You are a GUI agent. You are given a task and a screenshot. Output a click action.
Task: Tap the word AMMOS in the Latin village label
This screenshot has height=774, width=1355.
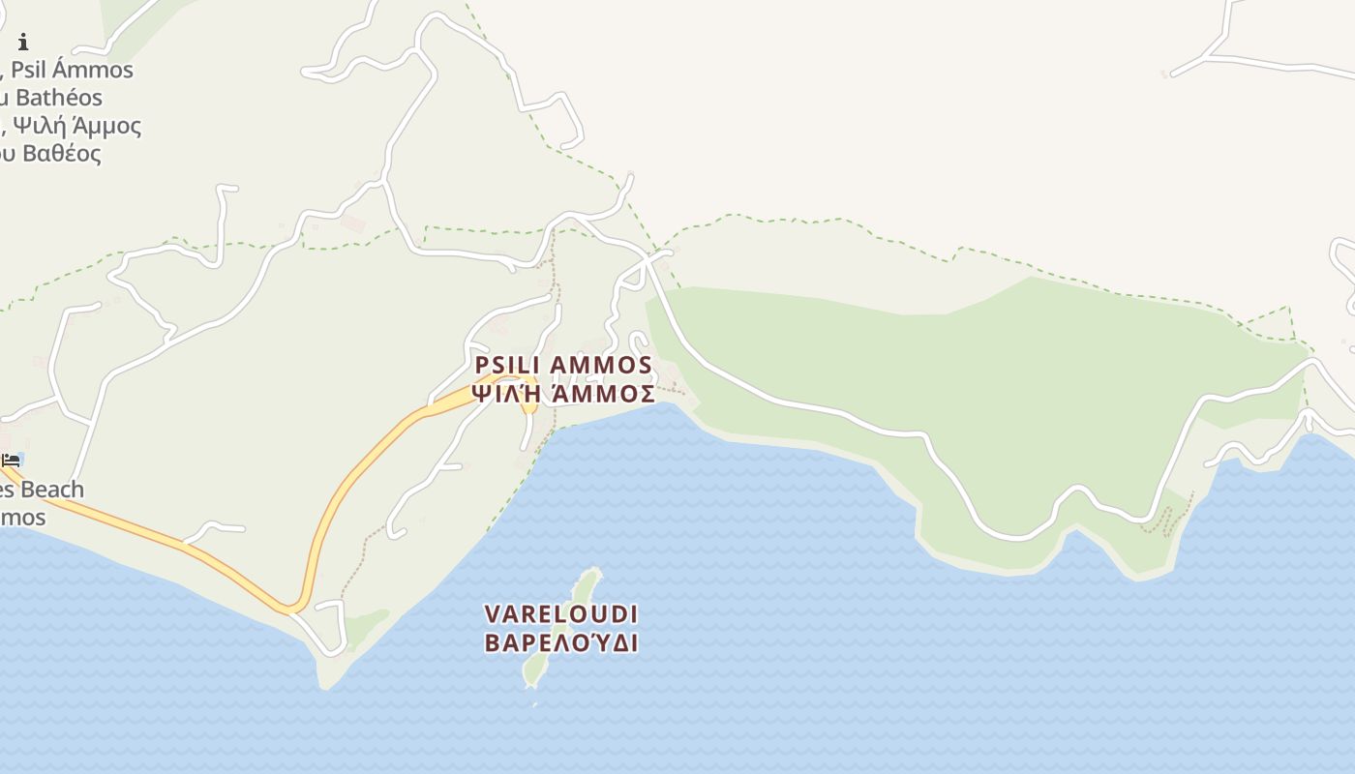click(x=601, y=365)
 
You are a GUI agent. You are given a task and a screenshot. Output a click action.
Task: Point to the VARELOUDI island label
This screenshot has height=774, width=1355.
click(x=561, y=614)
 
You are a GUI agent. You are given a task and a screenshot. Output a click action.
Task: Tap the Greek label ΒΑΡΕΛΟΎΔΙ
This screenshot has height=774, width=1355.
click(x=561, y=643)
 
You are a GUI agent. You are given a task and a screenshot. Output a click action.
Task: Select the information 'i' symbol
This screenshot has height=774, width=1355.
click(x=23, y=42)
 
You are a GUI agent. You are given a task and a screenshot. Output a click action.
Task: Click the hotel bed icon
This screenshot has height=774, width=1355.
click(x=11, y=460)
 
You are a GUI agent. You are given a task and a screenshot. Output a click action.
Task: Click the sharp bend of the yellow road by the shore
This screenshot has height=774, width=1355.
click(x=289, y=609)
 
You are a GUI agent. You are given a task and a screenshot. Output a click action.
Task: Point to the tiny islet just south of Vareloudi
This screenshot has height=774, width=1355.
click(x=535, y=704)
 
